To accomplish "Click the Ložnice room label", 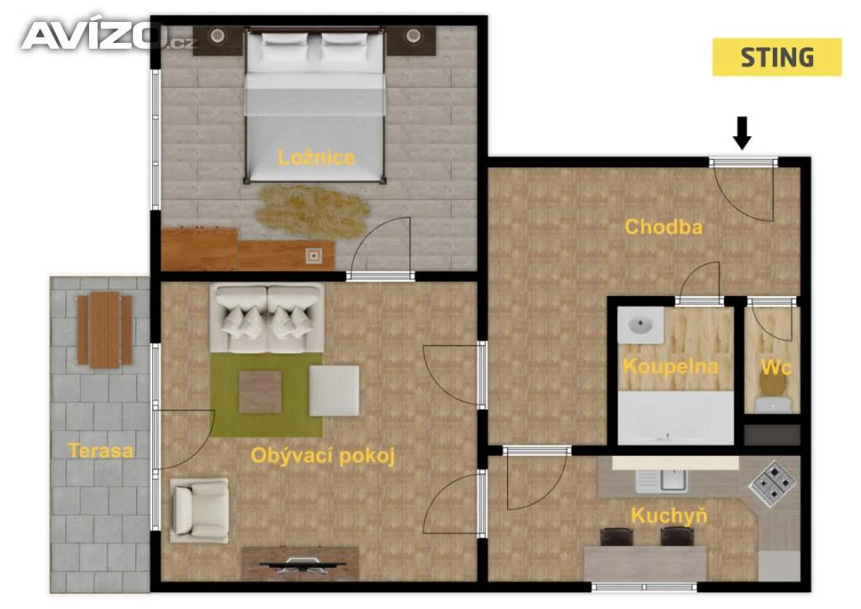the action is (316, 158).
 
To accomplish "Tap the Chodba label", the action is (663, 227).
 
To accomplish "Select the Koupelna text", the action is (670, 366).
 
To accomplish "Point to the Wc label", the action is (776, 367).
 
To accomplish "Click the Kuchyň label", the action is (668, 516).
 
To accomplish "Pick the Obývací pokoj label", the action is (323, 456).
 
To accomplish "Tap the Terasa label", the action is (101, 451).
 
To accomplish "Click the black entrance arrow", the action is (742, 133).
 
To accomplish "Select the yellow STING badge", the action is (777, 57).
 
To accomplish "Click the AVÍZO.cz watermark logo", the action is (108, 36).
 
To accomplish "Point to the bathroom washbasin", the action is (640, 325).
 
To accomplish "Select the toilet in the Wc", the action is (773, 394).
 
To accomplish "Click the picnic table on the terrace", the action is (104, 330).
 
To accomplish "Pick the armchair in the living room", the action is (199, 510).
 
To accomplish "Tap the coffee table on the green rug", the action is (261, 392).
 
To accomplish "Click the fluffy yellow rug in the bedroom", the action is (312, 212).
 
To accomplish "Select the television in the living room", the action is (301, 564).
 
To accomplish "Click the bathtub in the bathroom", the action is (676, 417).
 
